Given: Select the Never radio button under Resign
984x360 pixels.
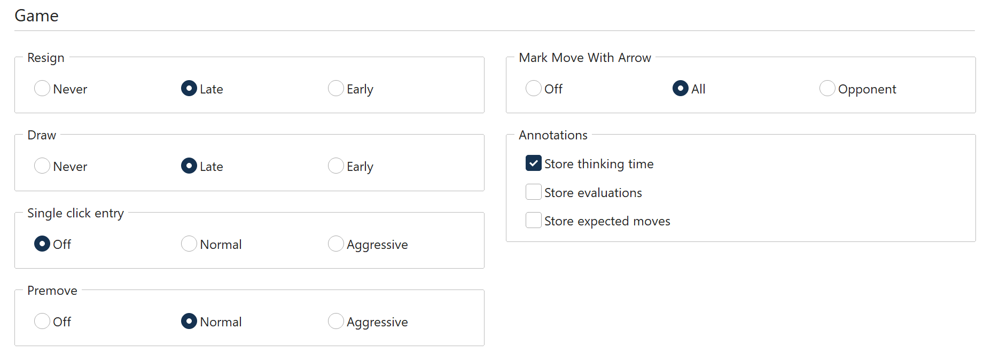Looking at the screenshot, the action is point(42,88).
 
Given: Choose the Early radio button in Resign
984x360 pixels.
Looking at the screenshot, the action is point(336,88).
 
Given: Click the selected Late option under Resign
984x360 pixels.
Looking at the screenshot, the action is point(189,88).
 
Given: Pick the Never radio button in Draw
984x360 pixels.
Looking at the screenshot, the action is point(42,166).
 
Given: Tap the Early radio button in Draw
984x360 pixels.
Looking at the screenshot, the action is point(336,166).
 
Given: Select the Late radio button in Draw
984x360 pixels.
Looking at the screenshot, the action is point(189,166).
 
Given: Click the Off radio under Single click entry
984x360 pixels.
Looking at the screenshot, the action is point(42,244).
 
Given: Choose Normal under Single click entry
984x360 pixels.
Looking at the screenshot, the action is point(189,244).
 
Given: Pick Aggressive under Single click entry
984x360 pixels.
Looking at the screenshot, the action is point(336,244).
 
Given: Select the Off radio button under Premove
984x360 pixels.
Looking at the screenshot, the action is point(42,321).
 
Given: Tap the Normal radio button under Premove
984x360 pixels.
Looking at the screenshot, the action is point(189,321).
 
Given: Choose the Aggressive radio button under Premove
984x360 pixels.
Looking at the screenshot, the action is point(336,321).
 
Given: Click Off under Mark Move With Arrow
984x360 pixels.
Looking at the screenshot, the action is point(534,88).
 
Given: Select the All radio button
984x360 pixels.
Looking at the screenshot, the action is point(681,88).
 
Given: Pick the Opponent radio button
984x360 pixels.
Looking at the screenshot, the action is point(827,88).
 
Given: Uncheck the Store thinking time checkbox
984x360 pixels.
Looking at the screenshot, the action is point(534,163).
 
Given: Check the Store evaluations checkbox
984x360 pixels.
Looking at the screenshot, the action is point(534,192).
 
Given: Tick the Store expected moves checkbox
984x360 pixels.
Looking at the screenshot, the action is point(534,220).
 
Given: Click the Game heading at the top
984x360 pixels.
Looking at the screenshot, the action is point(36,15).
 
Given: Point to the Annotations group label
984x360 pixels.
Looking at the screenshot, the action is point(553,135).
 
